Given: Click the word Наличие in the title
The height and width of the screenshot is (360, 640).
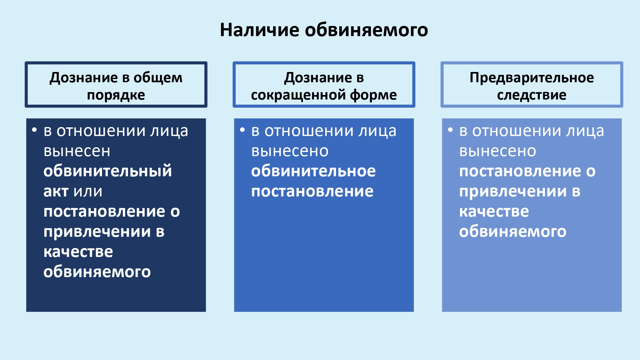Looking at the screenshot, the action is (x=260, y=30).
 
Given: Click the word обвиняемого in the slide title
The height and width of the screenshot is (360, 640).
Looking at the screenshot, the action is (x=366, y=30).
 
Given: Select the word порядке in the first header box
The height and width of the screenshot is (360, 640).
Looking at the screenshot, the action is (x=116, y=95).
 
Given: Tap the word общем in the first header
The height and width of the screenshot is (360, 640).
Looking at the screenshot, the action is (x=158, y=78).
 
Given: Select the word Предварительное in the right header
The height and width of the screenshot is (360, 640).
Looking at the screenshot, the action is (x=532, y=78).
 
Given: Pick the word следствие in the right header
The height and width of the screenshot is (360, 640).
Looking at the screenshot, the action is (x=532, y=95).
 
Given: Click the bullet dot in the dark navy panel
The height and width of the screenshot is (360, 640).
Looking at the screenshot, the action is (x=34, y=130).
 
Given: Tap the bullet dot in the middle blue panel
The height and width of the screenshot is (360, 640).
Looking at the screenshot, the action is (x=242, y=130).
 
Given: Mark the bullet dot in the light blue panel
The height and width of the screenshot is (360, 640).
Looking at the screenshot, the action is (x=450, y=130).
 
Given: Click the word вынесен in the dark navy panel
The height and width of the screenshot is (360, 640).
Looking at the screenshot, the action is (x=77, y=151).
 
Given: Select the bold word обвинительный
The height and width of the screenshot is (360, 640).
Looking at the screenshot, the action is (x=108, y=171).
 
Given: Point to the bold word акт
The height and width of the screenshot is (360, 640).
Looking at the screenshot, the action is (x=56, y=191).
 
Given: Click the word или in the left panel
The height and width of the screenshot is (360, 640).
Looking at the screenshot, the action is (x=88, y=192).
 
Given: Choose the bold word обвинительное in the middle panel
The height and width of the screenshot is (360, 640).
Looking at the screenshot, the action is (x=313, y=171).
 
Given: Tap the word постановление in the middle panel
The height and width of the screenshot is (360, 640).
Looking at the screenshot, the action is (x=312, y=191).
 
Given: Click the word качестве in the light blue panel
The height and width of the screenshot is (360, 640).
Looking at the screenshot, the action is (x=494, y=212).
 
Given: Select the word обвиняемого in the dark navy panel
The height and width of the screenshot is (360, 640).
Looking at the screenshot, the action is (x=97, y=272).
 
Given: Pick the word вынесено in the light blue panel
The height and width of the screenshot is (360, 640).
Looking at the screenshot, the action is (x=498, y=151).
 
